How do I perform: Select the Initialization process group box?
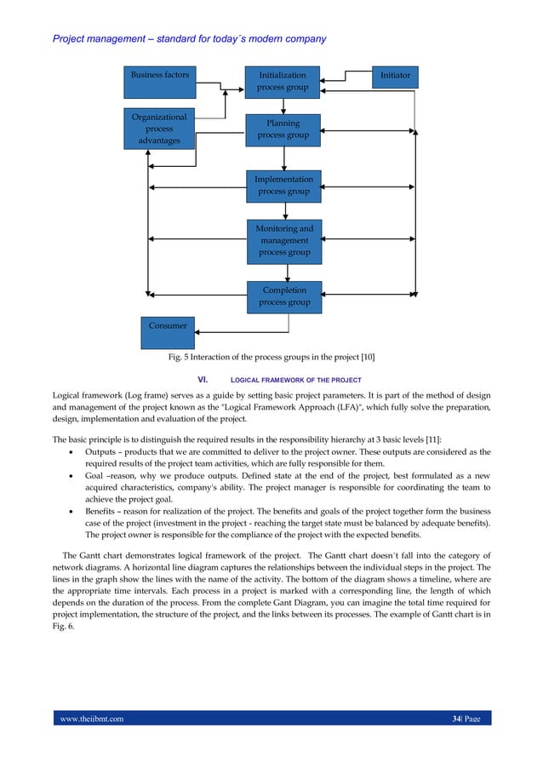coord(283,82)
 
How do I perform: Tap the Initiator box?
coord(395,76)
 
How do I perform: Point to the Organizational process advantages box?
coord(159,129)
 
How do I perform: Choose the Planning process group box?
coord(283,129)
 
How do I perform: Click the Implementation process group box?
coord(283,186)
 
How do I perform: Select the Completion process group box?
coord(284,296)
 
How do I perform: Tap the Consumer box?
coord(168,326)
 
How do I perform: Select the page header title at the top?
coord(189,39)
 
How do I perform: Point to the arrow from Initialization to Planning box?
coord(284,106)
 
